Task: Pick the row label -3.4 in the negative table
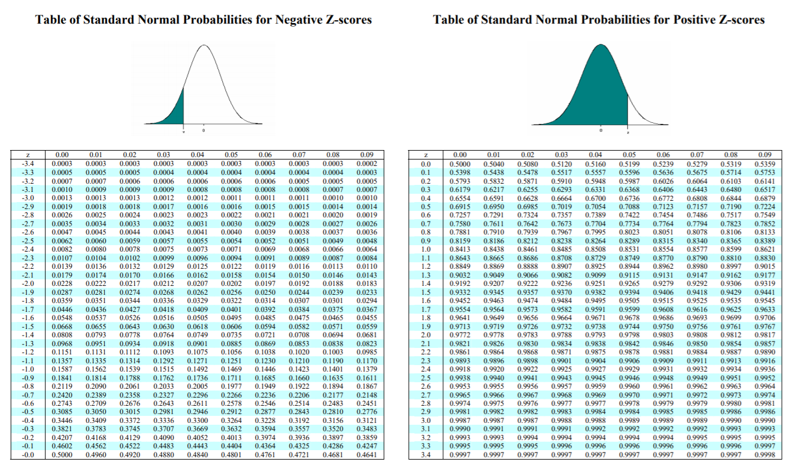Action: point(28,164)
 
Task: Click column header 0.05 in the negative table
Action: point(231,155)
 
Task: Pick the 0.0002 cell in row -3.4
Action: point(366,164)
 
